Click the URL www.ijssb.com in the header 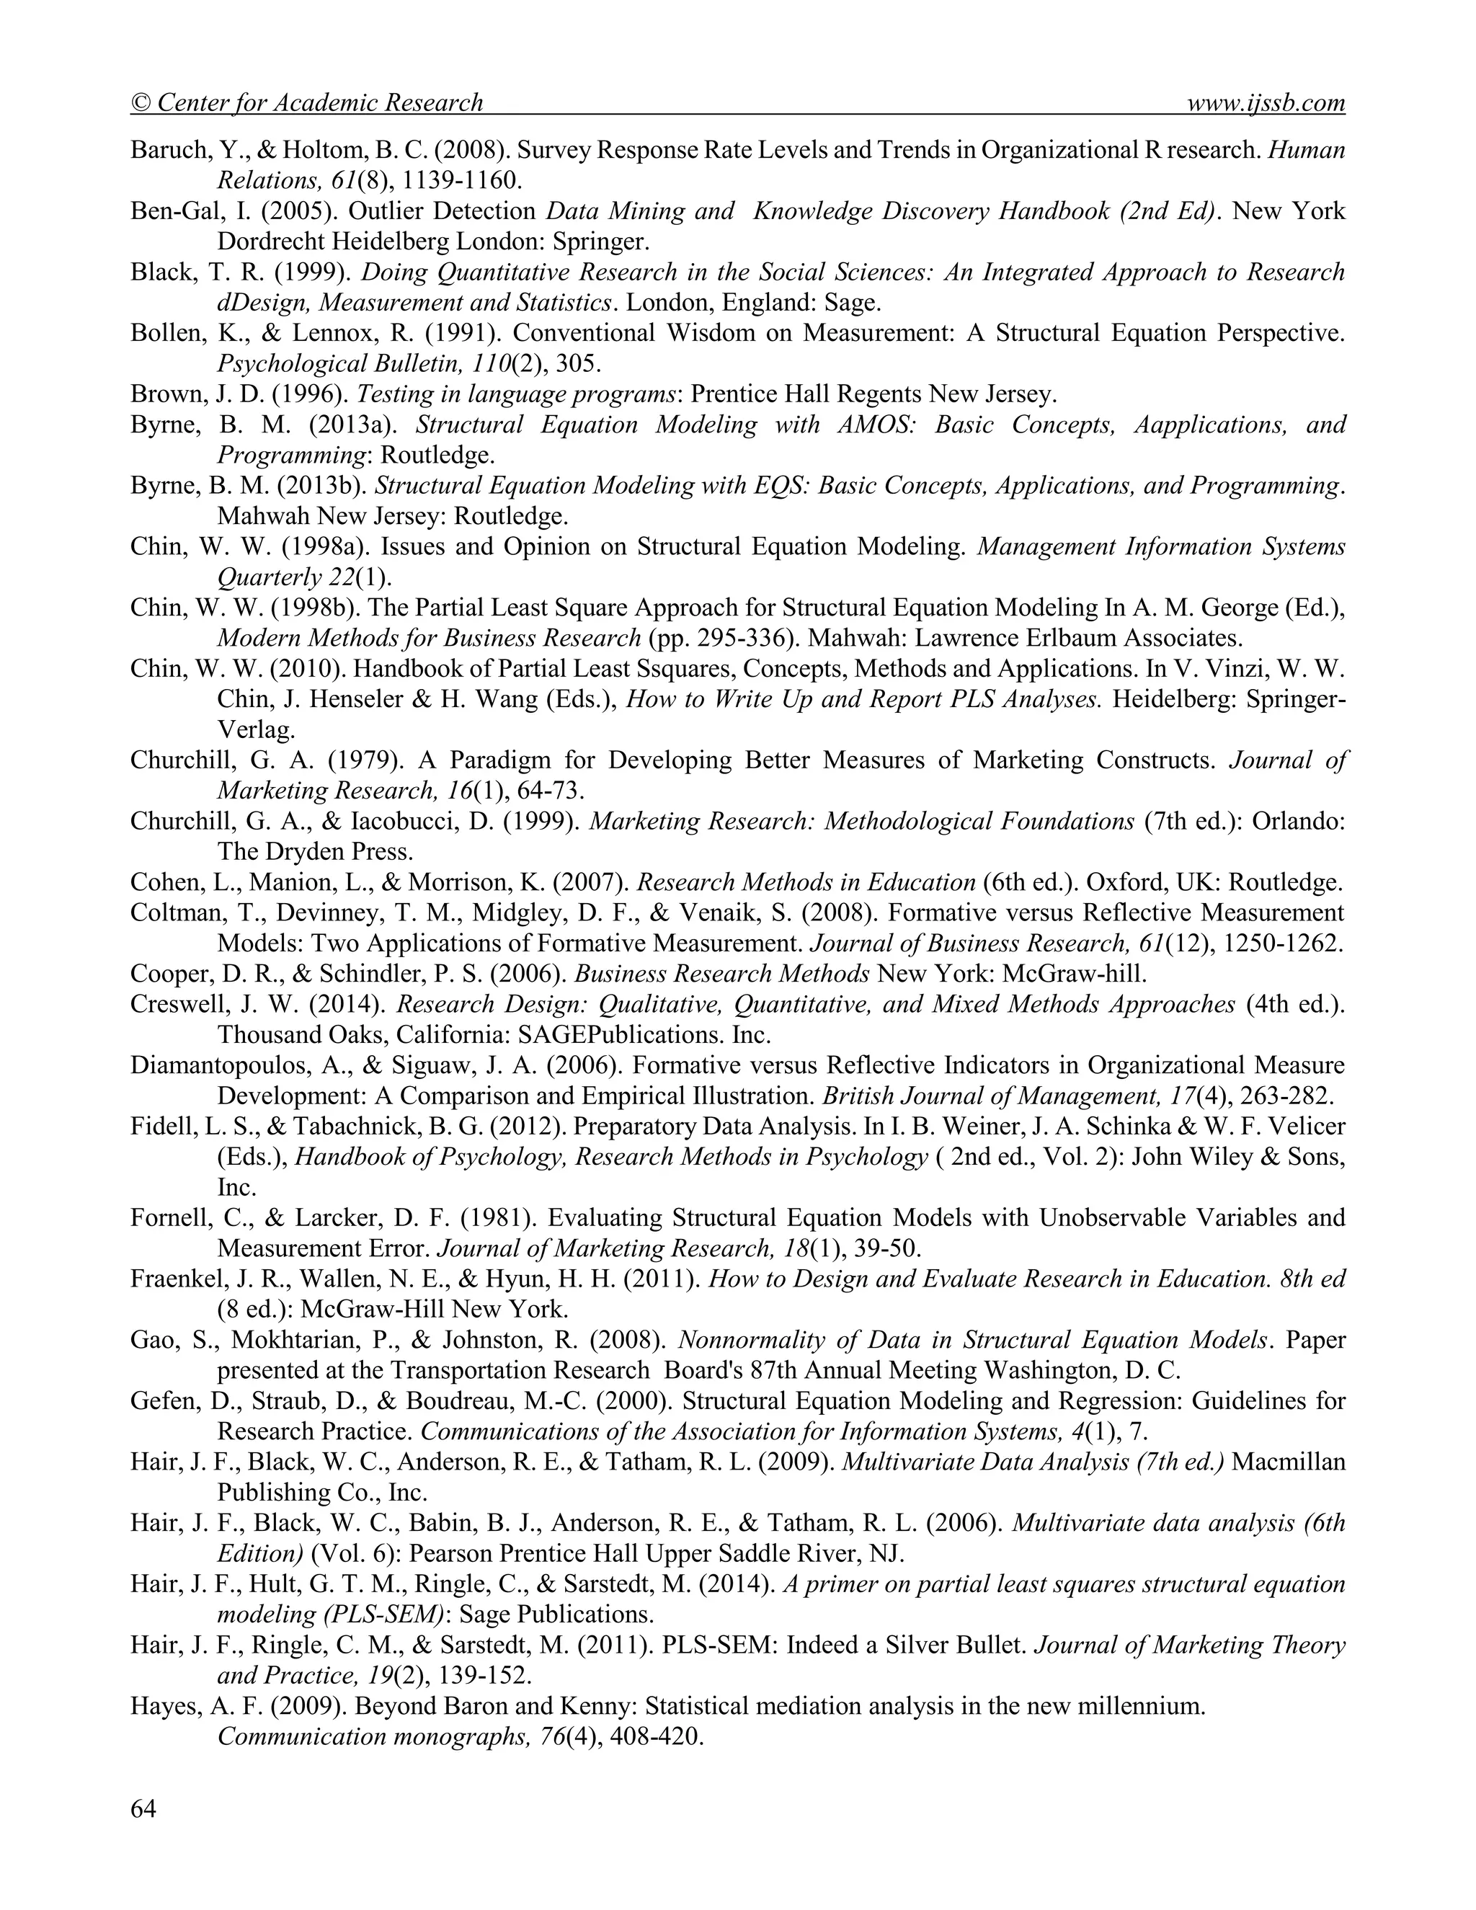coord(1266,103)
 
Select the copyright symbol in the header coord(141,104)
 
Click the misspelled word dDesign coord(262,303)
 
